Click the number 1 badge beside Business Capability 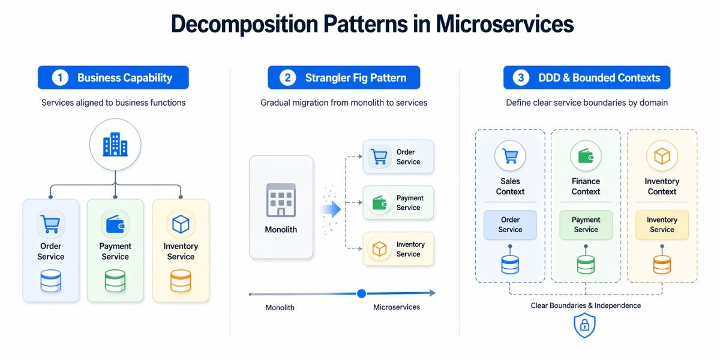pyautogui.click(x=60, y=78)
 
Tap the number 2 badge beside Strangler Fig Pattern pyautogui.click(x=288, y=78)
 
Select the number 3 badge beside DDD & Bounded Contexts pyautogui.click(x=521, y=78)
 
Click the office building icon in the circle pyautogui.click(x=115, y=145)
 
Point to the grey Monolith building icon pyautogui.click(x=281, y=200)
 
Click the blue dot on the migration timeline pyautogui.click(x=361, y=293)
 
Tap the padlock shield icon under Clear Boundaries pyautogui.click(x=585, y=325)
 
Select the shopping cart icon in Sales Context pyautogui.click(x=510, y=156)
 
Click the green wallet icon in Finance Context pyautogui.click(x=586, y=156)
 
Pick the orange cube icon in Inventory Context pyautogui.click(x=662, y=156)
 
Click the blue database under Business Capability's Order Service pyautogui.click(x=50, y=281)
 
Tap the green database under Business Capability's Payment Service pyautogui.click(x=115, y=281)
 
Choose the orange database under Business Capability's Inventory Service pyautogui.click(x=181, y=281)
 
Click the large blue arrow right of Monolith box pyautogui.click(x=331, y=209)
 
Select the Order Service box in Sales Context pyautogui.click(x=510, y=224)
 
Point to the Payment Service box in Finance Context pyautogui.click(x=586, y=224)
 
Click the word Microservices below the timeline pyautogui.click(x=397, y=307)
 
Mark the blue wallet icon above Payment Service pyautogui.click(x=115, y=224)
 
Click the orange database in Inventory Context pyautogui.click(x=662, y=264)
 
